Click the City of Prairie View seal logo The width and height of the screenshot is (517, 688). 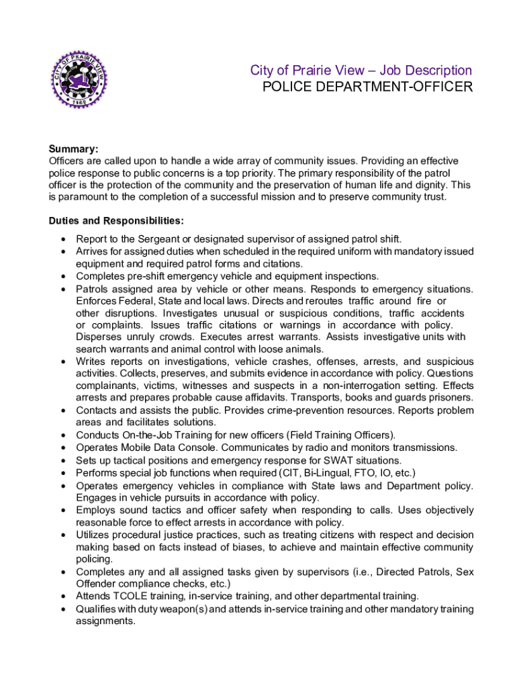click(x=79, y=79)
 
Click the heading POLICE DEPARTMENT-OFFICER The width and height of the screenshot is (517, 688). click(x=367, y=87)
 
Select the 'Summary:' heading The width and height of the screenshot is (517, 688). click(x=74, y=149)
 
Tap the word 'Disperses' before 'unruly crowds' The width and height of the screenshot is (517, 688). click(x=98, y=337)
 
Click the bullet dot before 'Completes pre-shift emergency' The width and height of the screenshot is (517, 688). click(x=62, y=276)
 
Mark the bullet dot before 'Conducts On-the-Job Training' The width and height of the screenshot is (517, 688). click(x=62, y=435)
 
